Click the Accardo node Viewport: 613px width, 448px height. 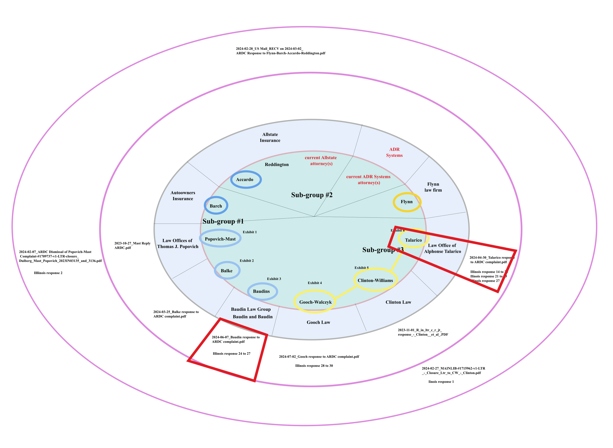point(246,180)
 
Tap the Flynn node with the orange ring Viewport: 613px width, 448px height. point(407,202)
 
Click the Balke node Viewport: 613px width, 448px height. point(227,271)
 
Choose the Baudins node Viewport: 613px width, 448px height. point(262,291)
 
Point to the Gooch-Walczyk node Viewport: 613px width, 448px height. point(315,302)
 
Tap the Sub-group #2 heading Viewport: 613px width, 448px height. point(312,195)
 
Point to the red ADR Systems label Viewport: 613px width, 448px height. point(394,152)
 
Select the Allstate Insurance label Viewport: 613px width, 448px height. point(270,137)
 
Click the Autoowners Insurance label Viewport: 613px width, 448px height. point(183,196)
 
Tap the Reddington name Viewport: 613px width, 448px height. point(277,165)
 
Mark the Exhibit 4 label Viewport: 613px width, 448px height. point(315,283)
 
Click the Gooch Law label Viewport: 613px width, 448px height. point(318,322)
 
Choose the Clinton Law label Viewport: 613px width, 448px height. point(398,302)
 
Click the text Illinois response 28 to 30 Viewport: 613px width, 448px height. point(314,366)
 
